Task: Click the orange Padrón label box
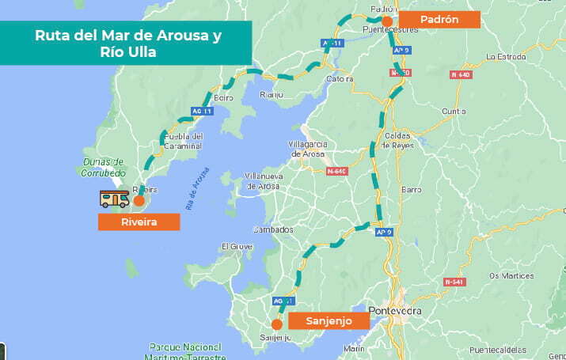tap(439, 20)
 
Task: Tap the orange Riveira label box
tap(139, 222)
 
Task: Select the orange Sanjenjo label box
tap(329, 320)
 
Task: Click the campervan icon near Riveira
tap(114, 199)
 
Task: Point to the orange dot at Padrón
tap(387, 21)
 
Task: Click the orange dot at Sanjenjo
tap(276, 324)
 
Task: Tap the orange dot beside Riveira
tap(139, 201)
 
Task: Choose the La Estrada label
tap(507, 57)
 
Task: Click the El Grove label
tap(236, 246)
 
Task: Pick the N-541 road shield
tap(454, 282)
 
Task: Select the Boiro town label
tap(222, 97)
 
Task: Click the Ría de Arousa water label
tap(198, 188)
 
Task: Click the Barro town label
tap(412, 190)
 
